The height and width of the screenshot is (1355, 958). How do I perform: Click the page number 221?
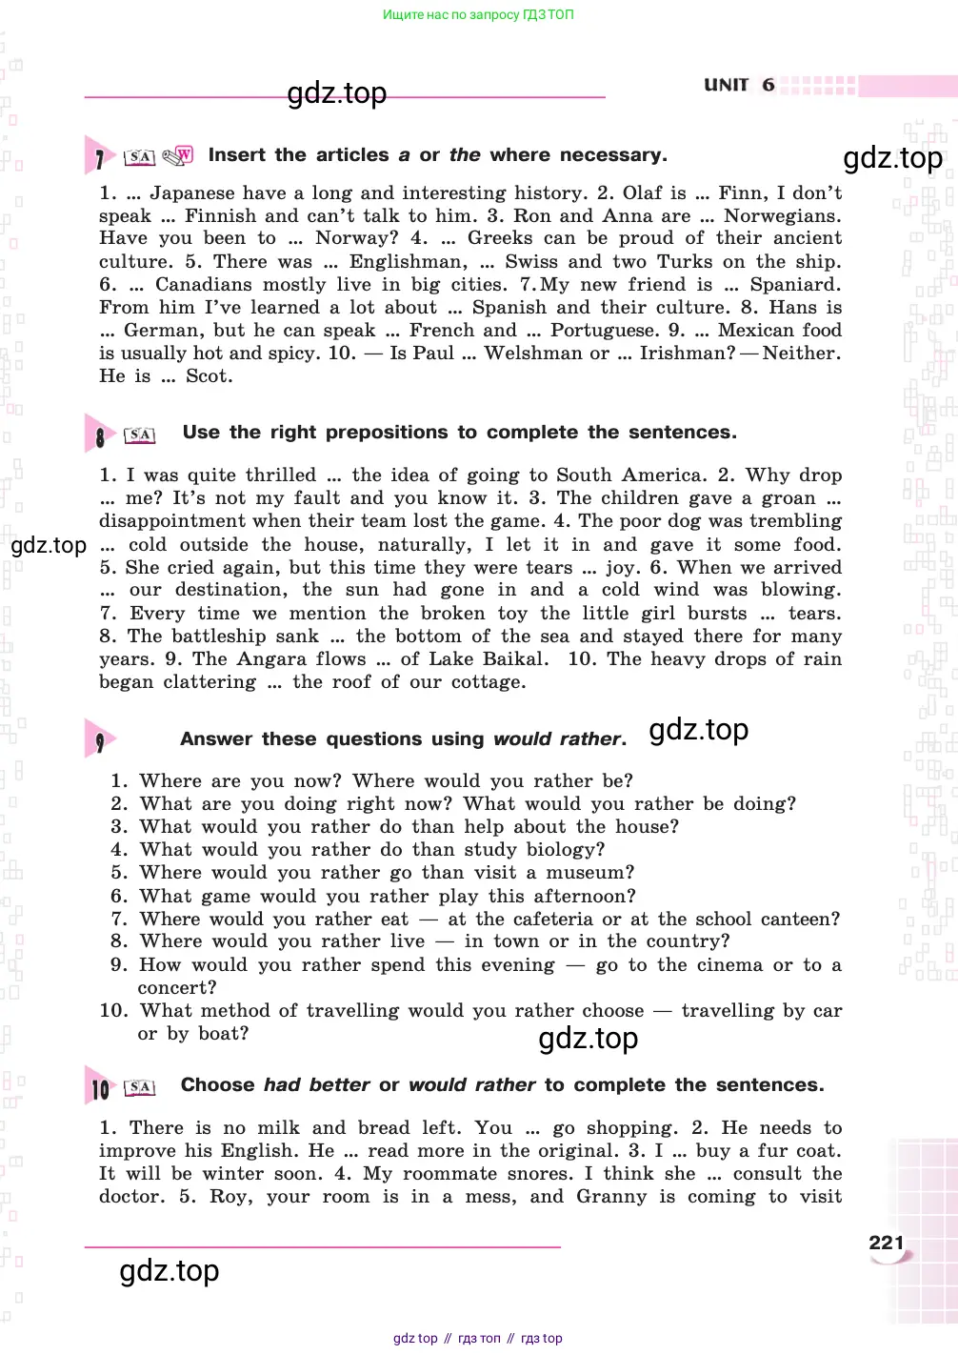tap(886, 1243)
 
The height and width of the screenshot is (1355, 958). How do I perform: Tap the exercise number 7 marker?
tap(99, 158)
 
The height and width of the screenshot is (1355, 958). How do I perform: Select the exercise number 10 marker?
tap(100, 1088)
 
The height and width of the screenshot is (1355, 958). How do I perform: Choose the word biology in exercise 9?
tap(567, 850)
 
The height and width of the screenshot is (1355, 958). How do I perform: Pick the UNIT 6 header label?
tap(739, 85)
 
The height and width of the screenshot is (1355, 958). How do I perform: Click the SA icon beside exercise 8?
tap(140, 435)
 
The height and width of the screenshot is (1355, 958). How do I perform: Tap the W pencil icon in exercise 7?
tap(178, 155)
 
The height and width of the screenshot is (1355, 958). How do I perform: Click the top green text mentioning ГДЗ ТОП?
tap(478, 14)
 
